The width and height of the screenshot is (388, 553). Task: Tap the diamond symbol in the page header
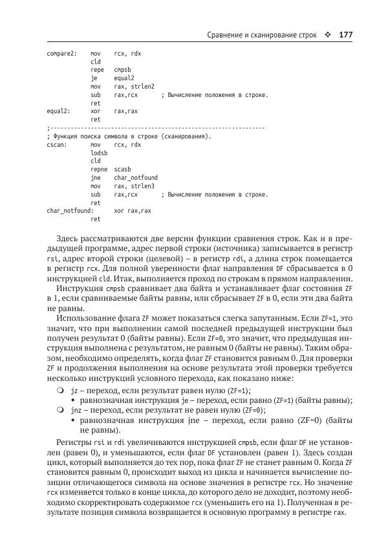click(328, 34)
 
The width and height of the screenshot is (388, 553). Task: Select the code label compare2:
click(62, 52)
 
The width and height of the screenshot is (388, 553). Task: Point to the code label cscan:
click(58, 145)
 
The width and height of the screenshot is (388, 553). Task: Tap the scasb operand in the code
click(123, 169)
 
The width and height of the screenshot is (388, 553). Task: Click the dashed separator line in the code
click(156, 128)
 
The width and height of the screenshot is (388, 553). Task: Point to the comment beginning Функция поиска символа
click(129, 136)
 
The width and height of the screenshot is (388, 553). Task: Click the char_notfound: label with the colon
click(70, 210)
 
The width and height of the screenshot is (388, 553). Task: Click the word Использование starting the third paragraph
click(85, 319)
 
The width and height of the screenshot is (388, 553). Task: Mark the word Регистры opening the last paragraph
click(75, 442)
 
